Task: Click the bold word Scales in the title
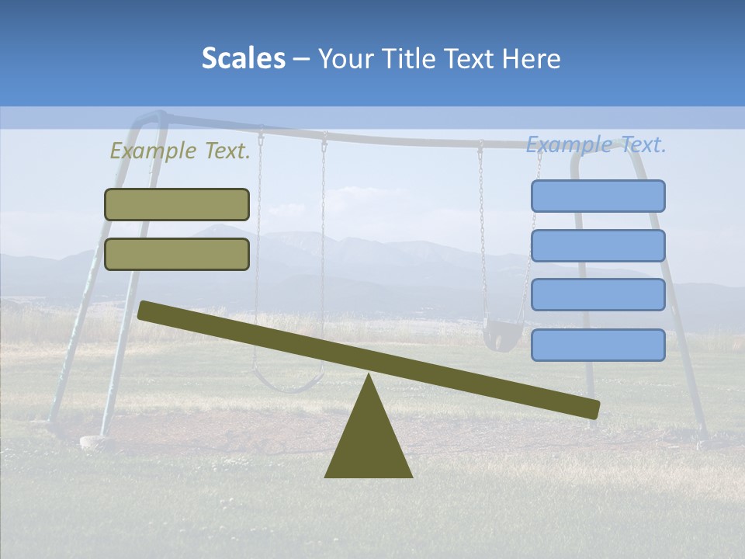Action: [243, 58]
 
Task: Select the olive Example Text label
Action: [180, 151]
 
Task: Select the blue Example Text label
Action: [596, 144]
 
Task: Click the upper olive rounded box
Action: [177, 204]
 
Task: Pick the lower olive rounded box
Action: [177, 254]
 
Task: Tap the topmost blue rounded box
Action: [598, 196]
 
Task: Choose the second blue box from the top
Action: [598, 245]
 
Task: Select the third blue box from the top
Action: [598, 295]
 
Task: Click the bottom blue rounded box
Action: [598, 345]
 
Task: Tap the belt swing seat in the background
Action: [289, 384]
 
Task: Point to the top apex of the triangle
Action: [369, 376]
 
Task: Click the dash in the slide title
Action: [302, 59]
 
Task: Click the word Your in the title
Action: [342, 58]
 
